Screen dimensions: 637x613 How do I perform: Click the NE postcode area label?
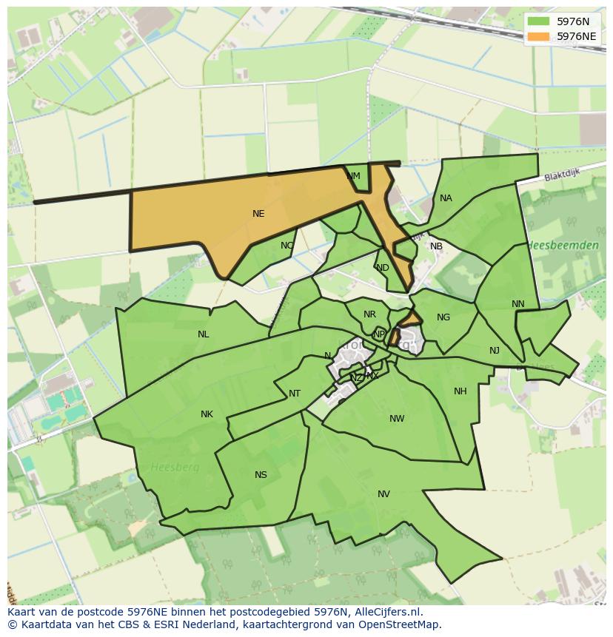click(x=258, y=214)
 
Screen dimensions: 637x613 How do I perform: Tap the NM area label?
click(x=353, y=176)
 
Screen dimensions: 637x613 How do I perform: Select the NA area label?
click(x=446, y=198)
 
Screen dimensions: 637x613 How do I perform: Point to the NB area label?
click(x=436, y=246)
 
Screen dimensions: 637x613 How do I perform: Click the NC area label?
click(x=287, y=246)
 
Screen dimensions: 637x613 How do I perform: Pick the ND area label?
click(x=382, y=268)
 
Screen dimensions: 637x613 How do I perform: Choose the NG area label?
click(x=443, y=317)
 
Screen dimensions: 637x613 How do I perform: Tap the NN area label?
click(x=517, y=304)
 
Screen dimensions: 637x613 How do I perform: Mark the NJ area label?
click(x=495, y=351)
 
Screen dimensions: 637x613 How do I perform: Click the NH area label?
click(x=460, y=391)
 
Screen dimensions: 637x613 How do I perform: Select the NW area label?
click(x=397, y=419)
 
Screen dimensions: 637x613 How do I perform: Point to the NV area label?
click(x=383, y=494)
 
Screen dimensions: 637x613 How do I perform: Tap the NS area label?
click(x=261, y=475)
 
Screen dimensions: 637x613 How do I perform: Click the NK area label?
click(x=207, y=414)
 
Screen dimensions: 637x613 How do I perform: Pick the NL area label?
click(x=203, y=334)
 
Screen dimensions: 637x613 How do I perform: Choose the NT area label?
click(x=295, y=394)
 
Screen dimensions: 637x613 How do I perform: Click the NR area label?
click(x=369, y=314)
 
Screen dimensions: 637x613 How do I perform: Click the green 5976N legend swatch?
click(x=538, y=21)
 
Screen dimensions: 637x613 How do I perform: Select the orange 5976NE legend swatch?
click(x=538, y=36)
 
